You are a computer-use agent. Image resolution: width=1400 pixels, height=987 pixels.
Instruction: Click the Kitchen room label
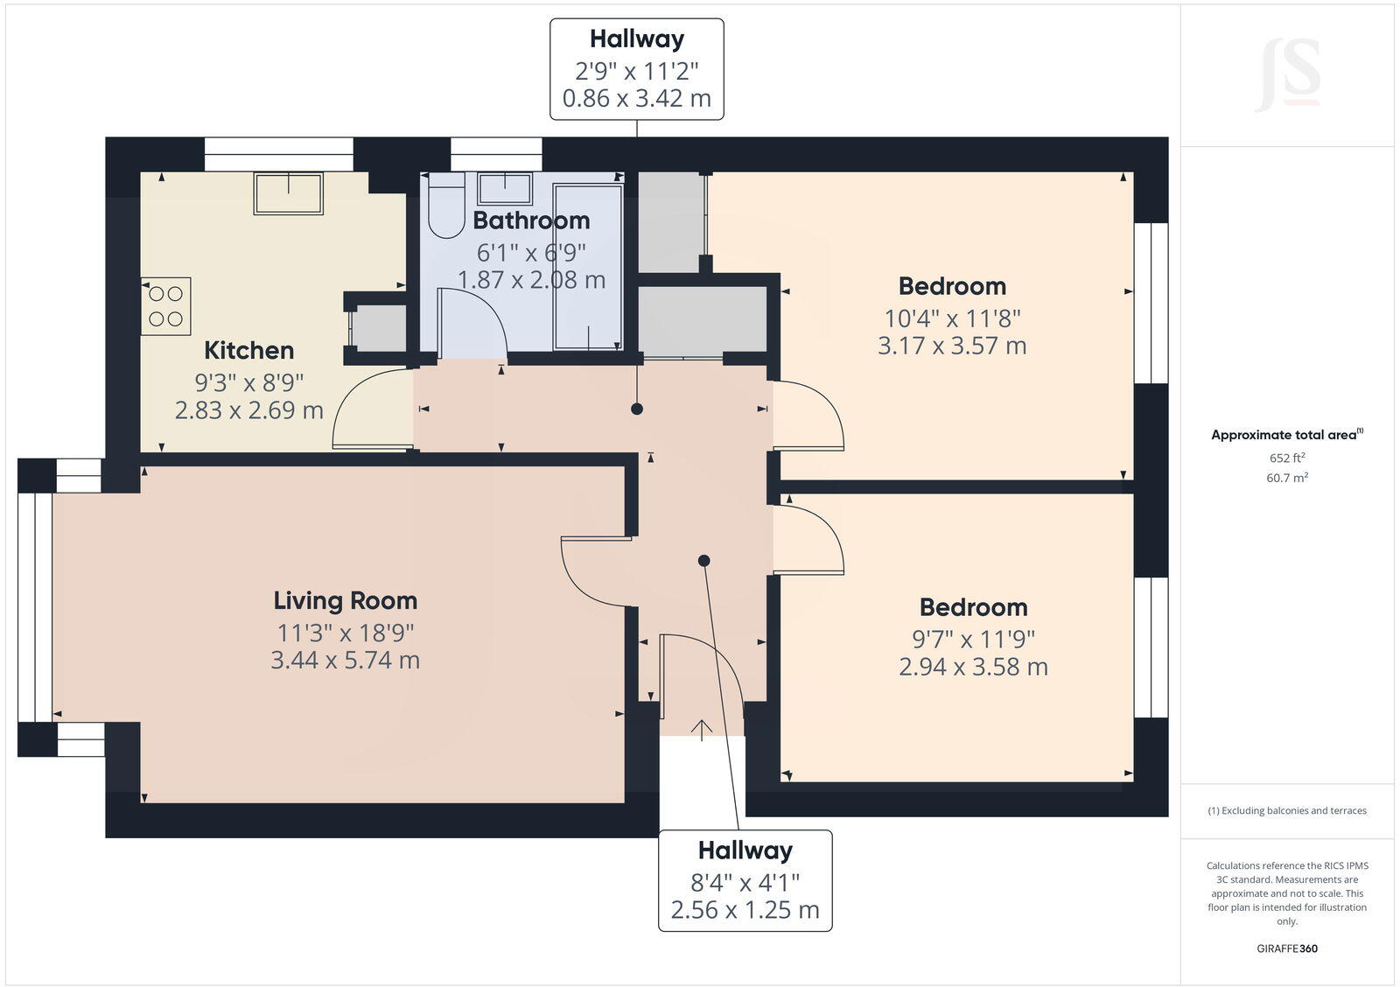[x=248, y=350]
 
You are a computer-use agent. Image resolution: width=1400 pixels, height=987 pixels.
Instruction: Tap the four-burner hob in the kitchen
[x=166, y=306]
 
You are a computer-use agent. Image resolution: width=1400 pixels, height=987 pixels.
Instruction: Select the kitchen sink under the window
[x=288, y=192]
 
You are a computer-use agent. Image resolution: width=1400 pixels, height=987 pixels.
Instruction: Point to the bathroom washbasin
[x=505, y=188]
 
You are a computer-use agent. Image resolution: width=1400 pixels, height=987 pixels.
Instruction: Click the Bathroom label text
[x=531, y=220]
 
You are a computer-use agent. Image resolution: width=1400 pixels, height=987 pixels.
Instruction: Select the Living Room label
[x=345, y=600]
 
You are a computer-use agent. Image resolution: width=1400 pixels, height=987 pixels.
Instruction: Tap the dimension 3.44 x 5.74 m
[x=345, y=660]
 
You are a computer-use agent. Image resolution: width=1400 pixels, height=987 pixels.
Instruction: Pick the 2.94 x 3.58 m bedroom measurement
[x=973, y=667]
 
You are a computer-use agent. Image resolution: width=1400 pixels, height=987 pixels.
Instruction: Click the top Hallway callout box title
[x=636, y=39]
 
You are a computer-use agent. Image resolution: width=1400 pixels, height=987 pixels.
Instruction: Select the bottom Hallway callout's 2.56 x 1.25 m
[x=745, y=910]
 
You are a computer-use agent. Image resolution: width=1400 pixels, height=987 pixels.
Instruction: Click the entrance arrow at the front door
[x=702, y=730]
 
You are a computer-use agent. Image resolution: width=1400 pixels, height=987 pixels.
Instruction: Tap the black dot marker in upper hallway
[x=637, y=409]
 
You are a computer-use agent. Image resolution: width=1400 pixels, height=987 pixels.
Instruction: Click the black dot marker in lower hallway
[x=703, y=560]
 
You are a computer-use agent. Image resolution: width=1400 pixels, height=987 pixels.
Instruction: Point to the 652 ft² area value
[x=1287, y=458]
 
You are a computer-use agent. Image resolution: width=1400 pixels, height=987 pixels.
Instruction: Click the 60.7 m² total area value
[x=1287, y=478]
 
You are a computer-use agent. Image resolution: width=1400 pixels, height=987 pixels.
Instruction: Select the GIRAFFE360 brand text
[x=1287, y=948]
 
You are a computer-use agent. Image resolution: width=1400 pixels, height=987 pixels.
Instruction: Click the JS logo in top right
[x=1287, y=74]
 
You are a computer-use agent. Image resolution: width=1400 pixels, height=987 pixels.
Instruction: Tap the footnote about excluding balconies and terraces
[x=1287, y=810]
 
